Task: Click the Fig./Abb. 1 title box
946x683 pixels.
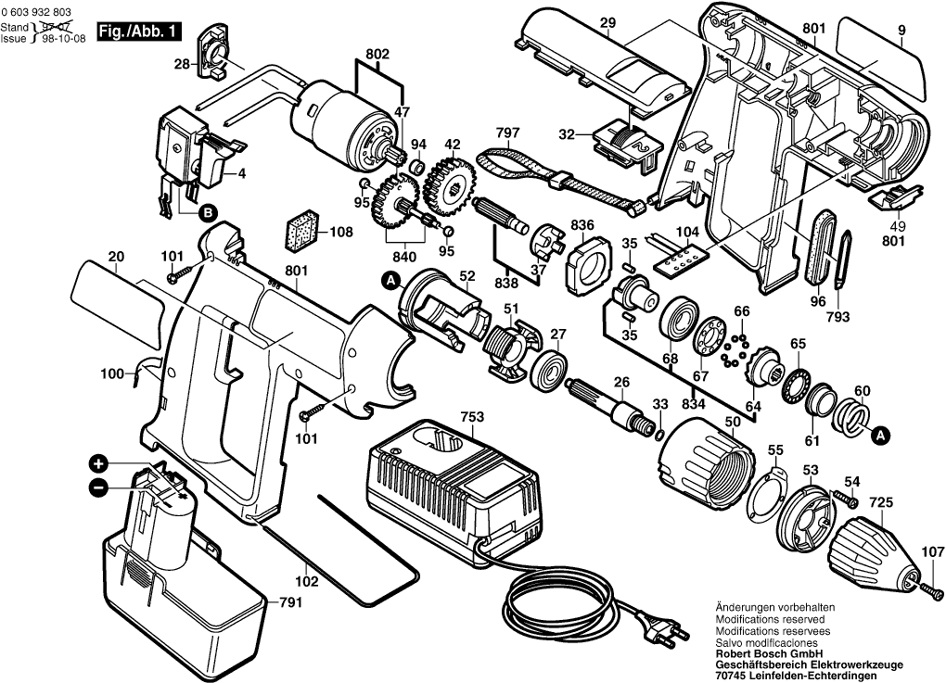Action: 148,32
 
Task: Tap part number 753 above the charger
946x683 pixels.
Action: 473,417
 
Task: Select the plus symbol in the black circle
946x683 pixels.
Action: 98,464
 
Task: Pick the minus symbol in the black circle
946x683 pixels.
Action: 98,487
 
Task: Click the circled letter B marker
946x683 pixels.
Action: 209,213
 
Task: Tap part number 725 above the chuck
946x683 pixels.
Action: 881,502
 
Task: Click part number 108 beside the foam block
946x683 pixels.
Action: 341,232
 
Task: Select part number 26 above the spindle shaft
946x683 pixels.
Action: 620,380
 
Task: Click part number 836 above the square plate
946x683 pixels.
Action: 582,225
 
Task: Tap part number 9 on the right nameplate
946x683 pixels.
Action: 901,30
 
